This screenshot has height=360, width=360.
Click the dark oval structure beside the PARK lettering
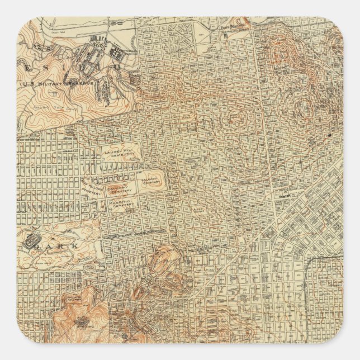click(29, 242)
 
